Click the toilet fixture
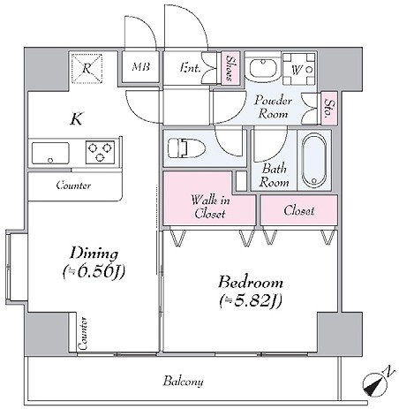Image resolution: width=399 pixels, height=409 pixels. (x=186, y=148)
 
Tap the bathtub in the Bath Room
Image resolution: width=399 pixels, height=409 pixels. (x=314, y=161)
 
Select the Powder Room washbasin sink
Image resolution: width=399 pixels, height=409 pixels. (x=262, y=68)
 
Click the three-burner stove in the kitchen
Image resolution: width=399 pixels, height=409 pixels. (x=100, y=152)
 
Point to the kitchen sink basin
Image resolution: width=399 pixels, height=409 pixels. (x=50, y=153)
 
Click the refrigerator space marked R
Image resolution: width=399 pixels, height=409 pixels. (x=87, y=68)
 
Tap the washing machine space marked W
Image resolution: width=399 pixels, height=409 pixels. (x=298, y=69)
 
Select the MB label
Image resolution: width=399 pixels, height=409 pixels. (x=140, y=66)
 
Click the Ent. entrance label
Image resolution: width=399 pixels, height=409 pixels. (x=190, y=68)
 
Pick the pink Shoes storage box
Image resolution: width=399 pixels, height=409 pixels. (x=230, y=68)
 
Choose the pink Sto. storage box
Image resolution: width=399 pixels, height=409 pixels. (x=329, y=108)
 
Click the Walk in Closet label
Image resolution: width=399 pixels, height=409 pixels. (x=210, y=207)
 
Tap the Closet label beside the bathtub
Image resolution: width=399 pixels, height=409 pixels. (x=299, y=211)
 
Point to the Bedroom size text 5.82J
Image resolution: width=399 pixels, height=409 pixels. (x=251, y=300)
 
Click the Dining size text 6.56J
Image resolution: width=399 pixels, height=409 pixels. (x=94, y=271)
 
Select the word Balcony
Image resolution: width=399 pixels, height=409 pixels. (x=183, y=382)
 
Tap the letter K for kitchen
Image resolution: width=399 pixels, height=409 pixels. (x=77, y=118)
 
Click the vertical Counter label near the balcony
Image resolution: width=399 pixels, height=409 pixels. (x=83, y=333)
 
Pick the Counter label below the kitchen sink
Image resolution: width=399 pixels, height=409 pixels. (x=73, y=186)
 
